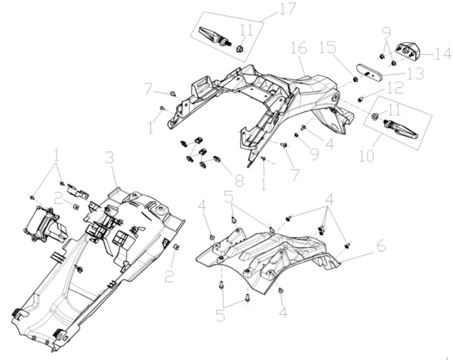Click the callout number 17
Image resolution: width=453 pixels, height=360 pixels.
click(x=267, y=10)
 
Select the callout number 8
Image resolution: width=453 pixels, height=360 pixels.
click(x=238, y=181)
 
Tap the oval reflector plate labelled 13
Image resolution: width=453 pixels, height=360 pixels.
click(x=371, y=73)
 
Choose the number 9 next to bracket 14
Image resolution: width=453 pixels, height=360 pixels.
click(x=387, y=32)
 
